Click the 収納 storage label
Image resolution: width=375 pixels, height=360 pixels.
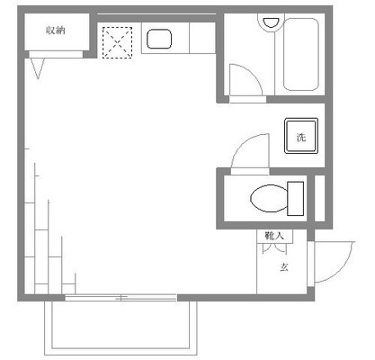56,31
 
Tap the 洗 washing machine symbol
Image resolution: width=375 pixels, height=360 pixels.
301,136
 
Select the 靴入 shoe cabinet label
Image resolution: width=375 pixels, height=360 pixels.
274,236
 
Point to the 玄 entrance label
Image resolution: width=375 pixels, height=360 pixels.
284,267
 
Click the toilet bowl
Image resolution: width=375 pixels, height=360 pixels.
269,198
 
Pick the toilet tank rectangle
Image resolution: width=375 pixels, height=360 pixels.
296,199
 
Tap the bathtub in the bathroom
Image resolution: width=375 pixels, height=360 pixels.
300,54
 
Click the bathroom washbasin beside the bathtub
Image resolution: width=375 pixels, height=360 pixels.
272,22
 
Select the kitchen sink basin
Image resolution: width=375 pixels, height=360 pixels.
159,39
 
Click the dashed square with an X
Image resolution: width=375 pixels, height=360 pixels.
117,42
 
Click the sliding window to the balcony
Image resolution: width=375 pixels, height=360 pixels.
121,298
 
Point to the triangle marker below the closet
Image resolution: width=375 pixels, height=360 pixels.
38,68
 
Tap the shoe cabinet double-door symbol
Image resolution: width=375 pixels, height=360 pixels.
274,248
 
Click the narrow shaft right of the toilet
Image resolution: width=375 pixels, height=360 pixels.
320,198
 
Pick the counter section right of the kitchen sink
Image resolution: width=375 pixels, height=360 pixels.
202,38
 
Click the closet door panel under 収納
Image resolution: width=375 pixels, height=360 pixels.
56,54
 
